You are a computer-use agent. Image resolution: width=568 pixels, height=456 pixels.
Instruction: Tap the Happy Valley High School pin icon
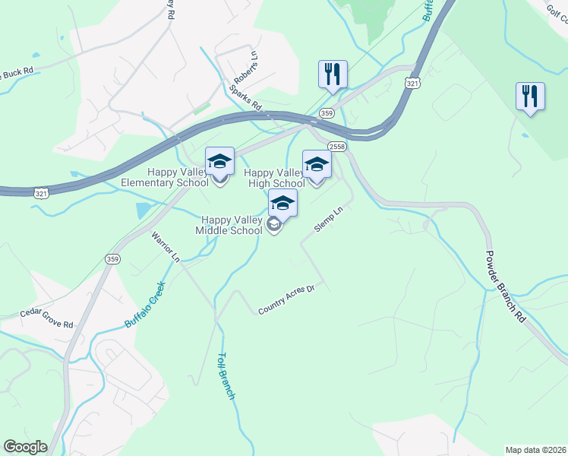(x=317, y=165)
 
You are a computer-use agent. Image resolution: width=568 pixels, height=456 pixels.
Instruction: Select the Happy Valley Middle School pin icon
(x=282, y=204)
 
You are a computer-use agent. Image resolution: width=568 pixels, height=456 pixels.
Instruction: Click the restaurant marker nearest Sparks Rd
(x=333, y=74)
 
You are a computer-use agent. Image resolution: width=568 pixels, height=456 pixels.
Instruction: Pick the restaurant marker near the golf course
(x=530, y=97)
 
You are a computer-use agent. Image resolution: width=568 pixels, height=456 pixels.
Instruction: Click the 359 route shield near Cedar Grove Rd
(x=112, y=259)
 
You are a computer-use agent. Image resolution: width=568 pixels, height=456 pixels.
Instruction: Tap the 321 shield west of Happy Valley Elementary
(x=43, y=194)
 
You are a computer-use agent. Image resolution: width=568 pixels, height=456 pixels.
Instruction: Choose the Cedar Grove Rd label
(x=47, y=318)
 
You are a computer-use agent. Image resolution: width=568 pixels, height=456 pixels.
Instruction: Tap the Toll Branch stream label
(x=226, y=375)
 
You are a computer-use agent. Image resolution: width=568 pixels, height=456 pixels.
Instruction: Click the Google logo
(x=25, y=447)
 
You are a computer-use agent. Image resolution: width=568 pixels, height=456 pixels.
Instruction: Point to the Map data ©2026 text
(x=535, y=450)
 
